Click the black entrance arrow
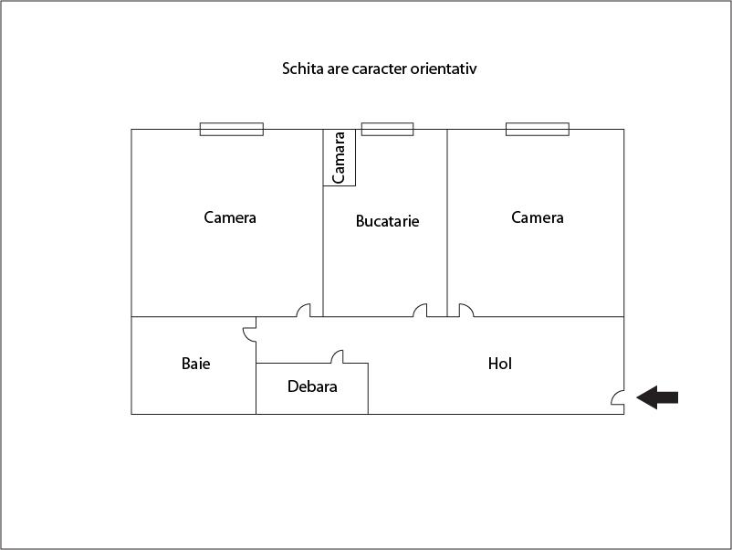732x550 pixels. coord(657,397)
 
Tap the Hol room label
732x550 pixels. coord(499,364)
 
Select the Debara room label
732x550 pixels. coord(312,386)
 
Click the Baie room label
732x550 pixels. coord(195,364)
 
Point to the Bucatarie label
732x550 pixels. coord(387,221)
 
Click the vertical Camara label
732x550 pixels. coord(339,157)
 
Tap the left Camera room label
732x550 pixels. coord(230,217)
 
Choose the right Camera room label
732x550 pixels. coord(538,217)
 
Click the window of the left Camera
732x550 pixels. coord(232,129)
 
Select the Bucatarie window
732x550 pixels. coord(388,129)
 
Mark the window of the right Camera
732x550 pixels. coord(538,129)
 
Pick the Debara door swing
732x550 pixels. coord(337,356)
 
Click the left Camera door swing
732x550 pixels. coord(303,311)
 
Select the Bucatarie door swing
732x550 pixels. coord(420,311)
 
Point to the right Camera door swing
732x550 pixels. coord(466,311)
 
